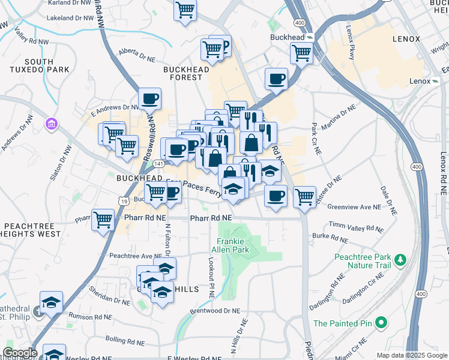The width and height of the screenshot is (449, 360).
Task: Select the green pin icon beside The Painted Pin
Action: tap(381, 323)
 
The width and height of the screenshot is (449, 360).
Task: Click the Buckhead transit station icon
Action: tap(310, 37)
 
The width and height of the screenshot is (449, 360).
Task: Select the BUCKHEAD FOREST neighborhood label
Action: tap(187, 73)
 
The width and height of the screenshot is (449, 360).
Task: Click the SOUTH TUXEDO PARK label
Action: tap(39, 67)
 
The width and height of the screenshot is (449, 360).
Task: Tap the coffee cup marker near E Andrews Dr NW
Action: tap(149, 98)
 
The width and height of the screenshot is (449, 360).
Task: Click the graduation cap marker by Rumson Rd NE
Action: tap(52, 302)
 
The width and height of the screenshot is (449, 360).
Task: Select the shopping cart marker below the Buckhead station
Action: tap(301, 53)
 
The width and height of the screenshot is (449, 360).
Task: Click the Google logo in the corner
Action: tap(20, 353)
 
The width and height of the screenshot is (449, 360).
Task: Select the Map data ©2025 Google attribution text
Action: tap(411, 355)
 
